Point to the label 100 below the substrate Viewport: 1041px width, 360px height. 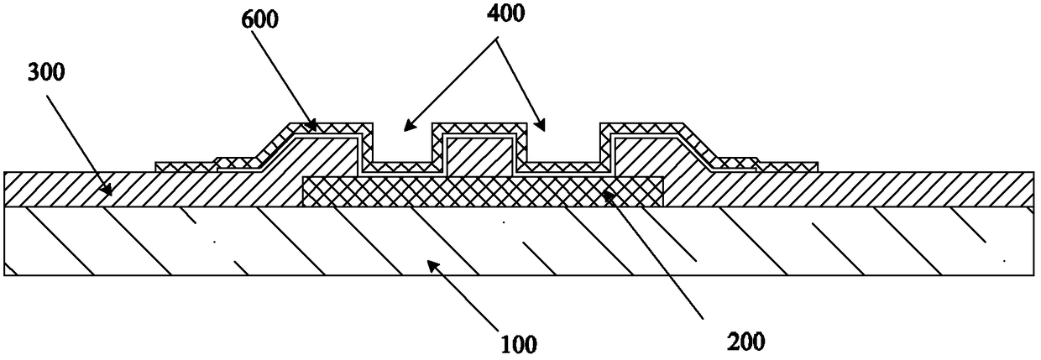[518, 342]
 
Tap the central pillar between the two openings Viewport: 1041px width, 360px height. [479, 155]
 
